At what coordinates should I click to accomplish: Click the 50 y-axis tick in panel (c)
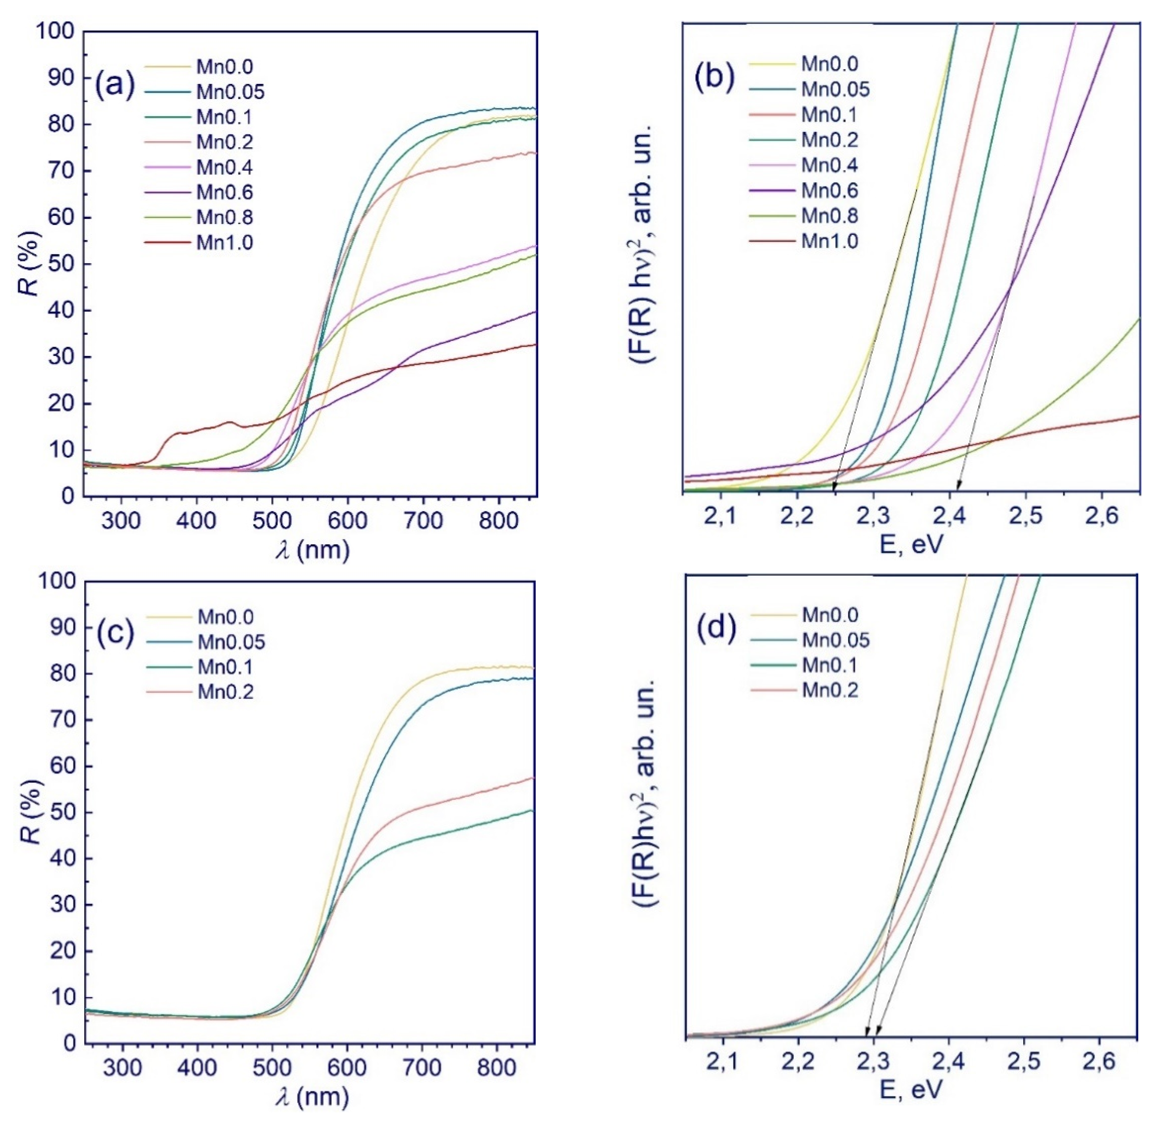(x=60, y=813)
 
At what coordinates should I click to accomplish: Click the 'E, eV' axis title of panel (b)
(x=911, y=545)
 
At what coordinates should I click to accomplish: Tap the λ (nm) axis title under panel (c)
(x=312, y=1096)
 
